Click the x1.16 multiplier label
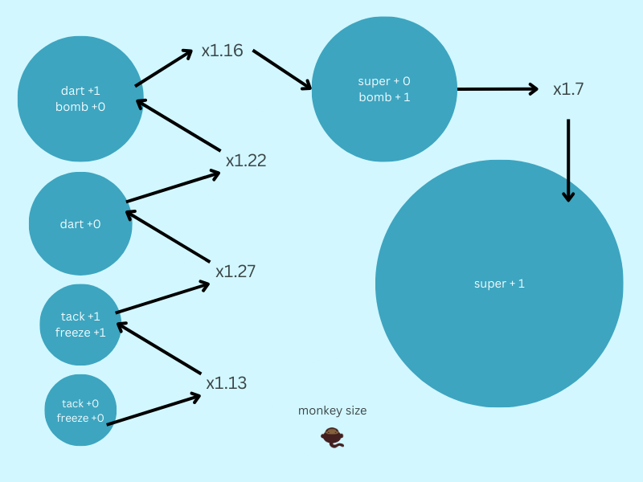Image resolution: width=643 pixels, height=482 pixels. [x=223, y=51]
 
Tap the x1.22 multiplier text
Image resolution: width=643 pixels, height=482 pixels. [x=246, y=160]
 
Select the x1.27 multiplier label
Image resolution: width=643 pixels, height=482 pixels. [x=235, y=272]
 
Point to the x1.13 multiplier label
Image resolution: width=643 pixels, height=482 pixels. [x=227, y=383]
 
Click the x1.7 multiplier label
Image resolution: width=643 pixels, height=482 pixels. [x=568, y=89]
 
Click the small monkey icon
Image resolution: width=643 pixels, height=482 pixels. [x=332, y=437]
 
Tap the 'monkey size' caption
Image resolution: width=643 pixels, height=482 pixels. [x=333, y=411]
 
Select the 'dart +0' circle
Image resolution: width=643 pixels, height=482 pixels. [x=80, y=224]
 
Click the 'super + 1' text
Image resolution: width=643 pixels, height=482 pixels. [x=499, y=284]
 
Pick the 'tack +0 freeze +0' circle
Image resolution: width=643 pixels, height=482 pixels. [x=80, y=410]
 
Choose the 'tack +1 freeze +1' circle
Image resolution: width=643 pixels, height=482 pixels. [x=80, y=325]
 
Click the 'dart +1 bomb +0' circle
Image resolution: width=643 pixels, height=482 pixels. [x=80, y=99]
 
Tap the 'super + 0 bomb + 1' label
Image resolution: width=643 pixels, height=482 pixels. [x=384, y=89]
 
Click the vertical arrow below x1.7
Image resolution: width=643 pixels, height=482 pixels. [x=568, y=161]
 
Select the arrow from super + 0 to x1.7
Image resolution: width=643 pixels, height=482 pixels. [x=498, y=89]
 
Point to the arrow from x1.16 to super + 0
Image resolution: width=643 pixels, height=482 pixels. [x=282, y=70]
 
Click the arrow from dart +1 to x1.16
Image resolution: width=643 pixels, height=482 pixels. [x=164, y=67]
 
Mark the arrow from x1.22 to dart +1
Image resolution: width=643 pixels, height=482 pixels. [x=178, y=125]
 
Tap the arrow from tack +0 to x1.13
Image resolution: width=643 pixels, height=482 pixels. [x=154, y=409]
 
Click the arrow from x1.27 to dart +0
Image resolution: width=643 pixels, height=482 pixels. [x=168, y=236]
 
